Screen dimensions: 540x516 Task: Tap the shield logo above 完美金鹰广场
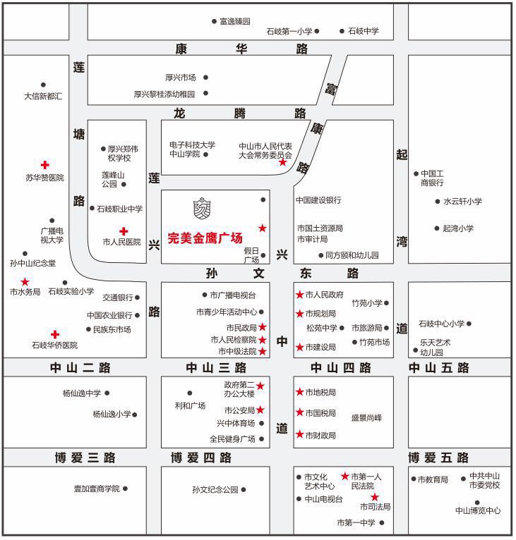[203, 209]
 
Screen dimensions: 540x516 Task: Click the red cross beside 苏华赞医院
[44, 164]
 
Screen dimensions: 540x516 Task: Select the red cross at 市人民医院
[124, 231]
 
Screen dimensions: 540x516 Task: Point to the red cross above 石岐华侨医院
[54, 333]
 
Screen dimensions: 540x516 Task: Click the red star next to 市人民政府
[299, 295]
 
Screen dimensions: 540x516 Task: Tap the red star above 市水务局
[25, 281]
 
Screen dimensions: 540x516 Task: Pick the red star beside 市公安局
[260, 410]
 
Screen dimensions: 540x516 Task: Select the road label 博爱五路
[438, 458]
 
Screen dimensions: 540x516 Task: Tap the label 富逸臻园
[235, 22]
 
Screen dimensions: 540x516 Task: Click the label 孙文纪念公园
[215, 489]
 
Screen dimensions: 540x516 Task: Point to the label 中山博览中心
[478, 510]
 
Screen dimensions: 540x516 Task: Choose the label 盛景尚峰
[366, 417]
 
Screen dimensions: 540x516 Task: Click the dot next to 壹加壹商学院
[125, 489]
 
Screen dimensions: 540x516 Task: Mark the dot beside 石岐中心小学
[469, 324]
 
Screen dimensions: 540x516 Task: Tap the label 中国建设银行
[318, 200]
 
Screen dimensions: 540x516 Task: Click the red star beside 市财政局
[299, 435]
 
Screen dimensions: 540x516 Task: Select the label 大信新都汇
[43, 96]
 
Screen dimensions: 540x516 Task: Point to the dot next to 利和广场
[190, 393]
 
